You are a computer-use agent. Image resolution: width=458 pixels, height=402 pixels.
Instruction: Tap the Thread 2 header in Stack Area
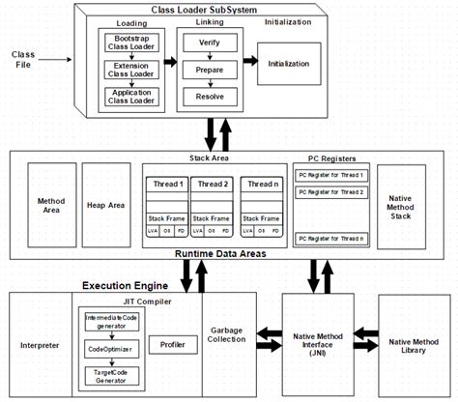[213, 183]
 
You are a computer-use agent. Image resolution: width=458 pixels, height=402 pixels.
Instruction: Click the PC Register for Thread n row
[329, 238]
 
